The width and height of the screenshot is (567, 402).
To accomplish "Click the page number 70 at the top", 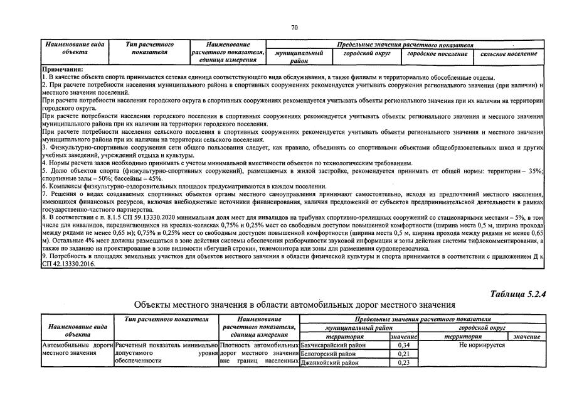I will click(295, 27).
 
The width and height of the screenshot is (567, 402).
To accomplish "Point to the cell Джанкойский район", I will click(329, 362).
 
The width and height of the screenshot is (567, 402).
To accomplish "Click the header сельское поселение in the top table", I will click(509, 54).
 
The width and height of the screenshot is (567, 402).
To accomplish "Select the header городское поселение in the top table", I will click(437, 54).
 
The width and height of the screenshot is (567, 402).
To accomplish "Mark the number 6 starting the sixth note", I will click(43, 186).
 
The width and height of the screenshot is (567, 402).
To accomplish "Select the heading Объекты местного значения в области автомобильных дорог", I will click(294, 305).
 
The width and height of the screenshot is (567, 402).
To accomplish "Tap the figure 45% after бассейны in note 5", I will click(154, 178).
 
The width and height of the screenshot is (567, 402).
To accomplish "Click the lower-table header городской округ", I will click(482, 329).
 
